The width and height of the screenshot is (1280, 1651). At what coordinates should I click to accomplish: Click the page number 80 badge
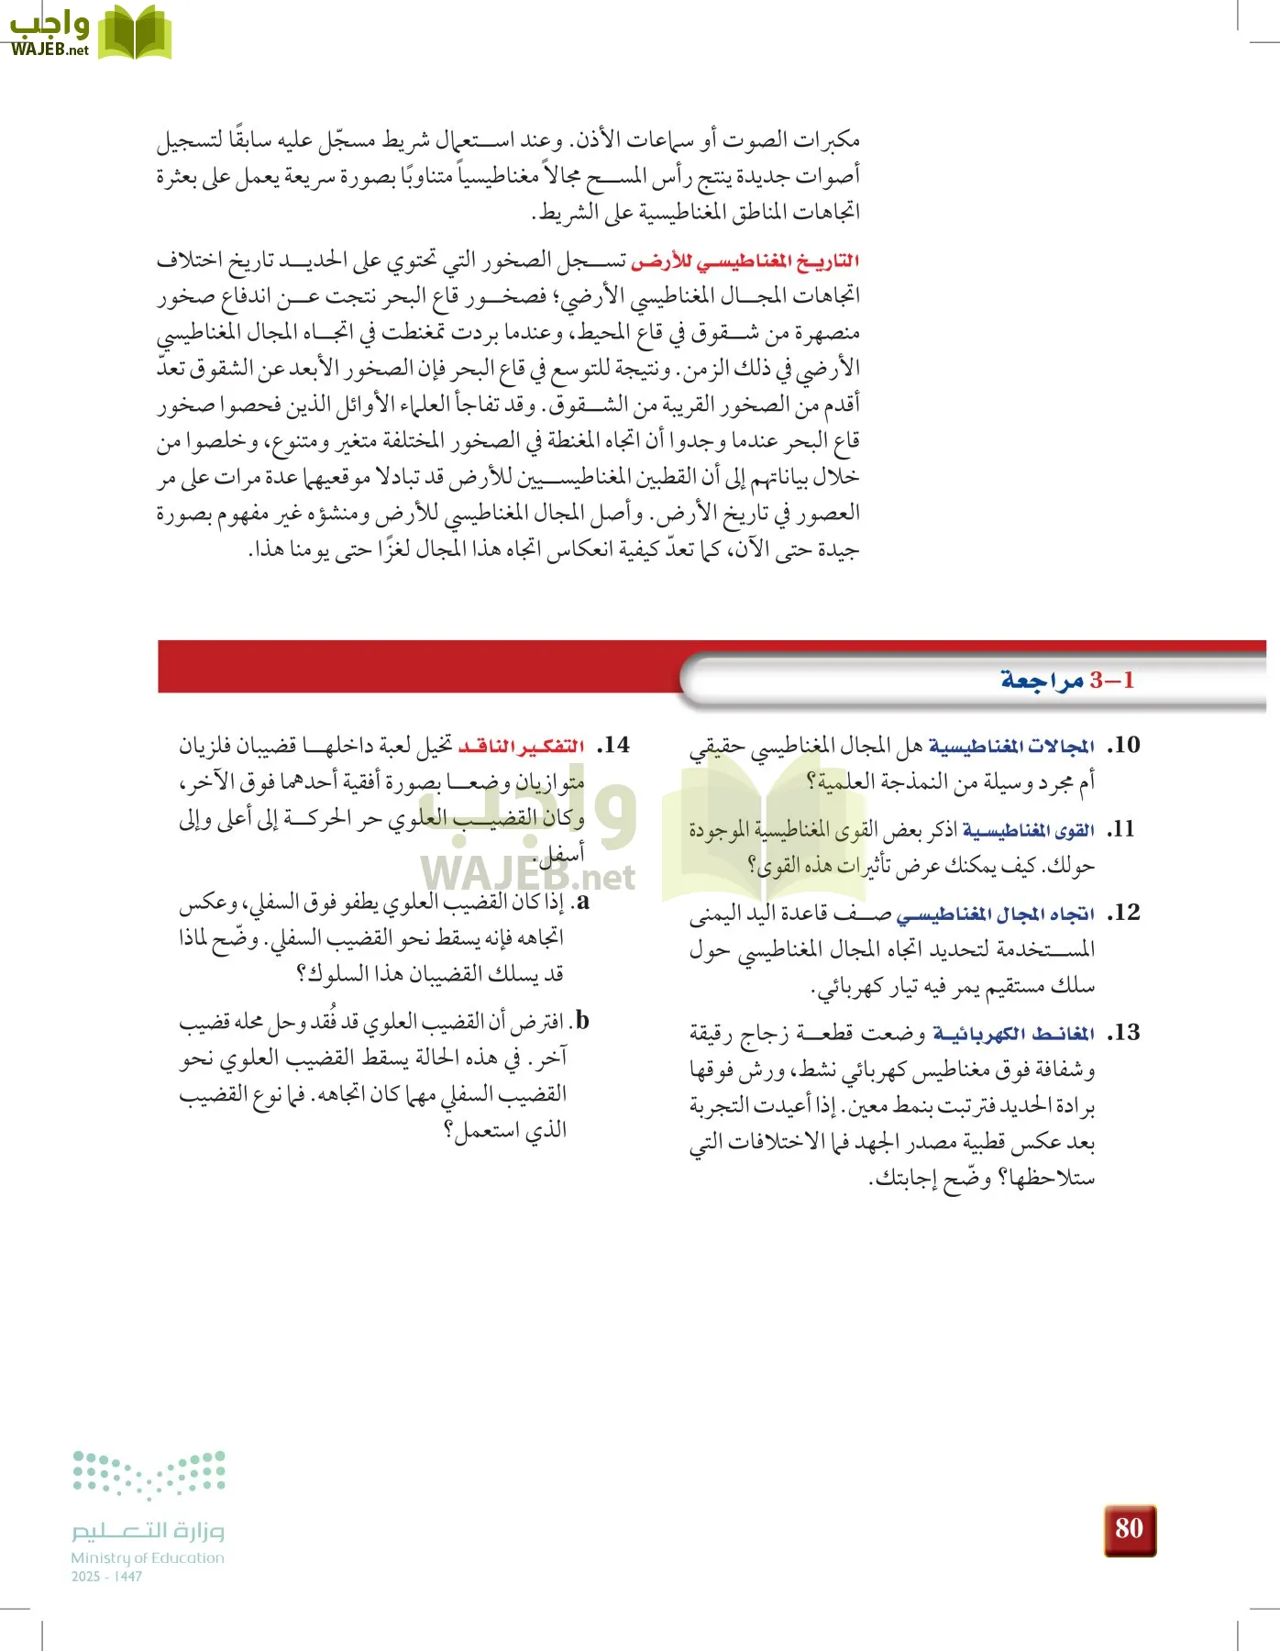pos(1129,1529)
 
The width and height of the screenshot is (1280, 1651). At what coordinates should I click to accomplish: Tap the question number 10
pos(1123,745)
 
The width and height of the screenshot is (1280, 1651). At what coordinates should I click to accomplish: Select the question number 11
pos(1123,829)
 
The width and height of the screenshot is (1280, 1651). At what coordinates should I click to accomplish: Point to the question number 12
pos(1123,913)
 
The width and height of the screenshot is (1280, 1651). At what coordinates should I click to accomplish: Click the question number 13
pos(1123,1033)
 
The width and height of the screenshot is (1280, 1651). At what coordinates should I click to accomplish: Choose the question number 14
pos(613,745)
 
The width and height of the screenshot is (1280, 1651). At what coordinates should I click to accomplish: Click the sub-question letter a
pos(582,902)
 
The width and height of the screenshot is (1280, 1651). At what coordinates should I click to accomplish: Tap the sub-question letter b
pos(582,1021)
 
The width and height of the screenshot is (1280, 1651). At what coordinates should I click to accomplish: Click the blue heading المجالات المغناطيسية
pos(1011,747)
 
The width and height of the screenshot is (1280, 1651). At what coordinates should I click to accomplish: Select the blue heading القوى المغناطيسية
pos(1028,831)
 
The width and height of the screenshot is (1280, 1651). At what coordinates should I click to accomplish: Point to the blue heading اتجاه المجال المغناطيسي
pos(995,914)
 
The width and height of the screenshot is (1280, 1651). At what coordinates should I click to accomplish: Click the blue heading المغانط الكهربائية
pos(1013,1035)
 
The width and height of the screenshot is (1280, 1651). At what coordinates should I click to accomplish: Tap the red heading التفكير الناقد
pos(521,747)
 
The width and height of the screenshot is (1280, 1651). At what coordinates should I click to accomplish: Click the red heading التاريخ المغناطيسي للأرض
pos(745,261)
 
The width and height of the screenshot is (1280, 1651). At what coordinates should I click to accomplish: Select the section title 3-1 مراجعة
pos(1067,680)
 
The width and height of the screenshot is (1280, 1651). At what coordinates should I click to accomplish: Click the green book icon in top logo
pos(134,33)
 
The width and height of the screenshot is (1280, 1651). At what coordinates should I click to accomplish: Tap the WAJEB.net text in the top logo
pos(50,50)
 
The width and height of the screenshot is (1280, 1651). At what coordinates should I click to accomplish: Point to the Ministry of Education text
pos(148,1557)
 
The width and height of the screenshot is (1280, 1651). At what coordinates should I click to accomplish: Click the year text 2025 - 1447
pos(106,1577)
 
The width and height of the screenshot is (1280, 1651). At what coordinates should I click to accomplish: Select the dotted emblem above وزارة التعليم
pos(149,1474)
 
